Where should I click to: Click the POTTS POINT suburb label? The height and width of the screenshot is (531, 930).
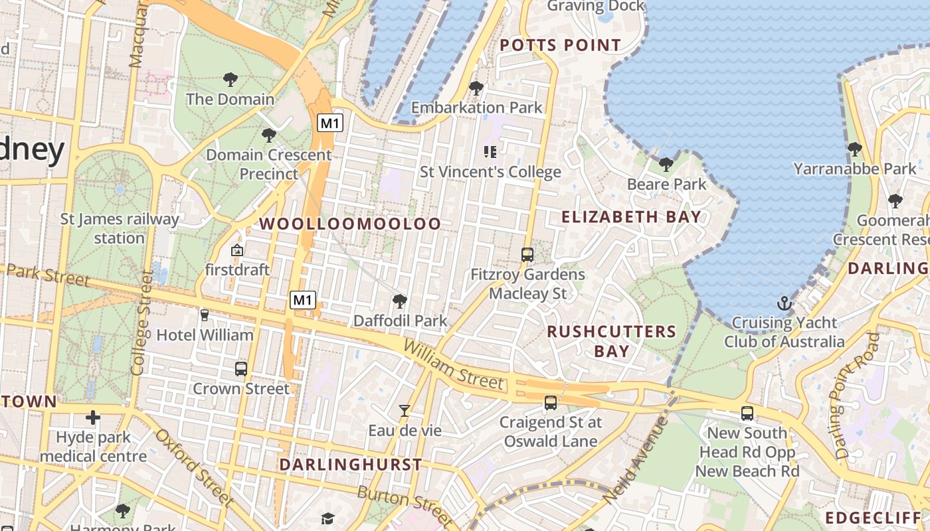pyautogui.click(x=560, y=45)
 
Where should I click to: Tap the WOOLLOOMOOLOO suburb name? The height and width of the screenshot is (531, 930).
pyautogui.click(x=350, y=224)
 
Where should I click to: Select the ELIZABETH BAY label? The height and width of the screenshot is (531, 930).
pyautogui.click(x=631, y=216)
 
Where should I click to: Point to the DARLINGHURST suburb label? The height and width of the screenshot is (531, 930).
pyautogui.click(x=350, y=465)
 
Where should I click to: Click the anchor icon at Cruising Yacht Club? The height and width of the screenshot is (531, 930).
pyautogui.click(x=785, y=304)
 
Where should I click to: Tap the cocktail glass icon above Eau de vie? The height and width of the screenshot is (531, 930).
pyautogui.click(x=405, y=411)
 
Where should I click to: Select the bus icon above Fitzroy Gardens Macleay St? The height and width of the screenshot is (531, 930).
pyautogui.click(x=527, y=254)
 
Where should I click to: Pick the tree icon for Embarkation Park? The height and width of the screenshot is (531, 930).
pyautogui.click(x=476, y=88)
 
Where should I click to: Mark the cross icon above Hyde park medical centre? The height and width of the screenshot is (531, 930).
pyautogui.click(x=93, y=417)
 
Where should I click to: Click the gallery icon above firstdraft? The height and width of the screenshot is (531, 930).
pyautogui.click(x=236, y=250)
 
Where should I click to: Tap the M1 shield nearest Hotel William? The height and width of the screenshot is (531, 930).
pyautogui.click(x=302, y=300)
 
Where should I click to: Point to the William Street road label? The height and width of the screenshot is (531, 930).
pyautogui.click(x=453, y=365)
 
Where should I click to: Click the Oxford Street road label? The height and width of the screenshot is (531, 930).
pyautogui.click(x=193, y=468)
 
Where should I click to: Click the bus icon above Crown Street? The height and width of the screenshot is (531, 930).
pyautogui.click(x=241, y=368)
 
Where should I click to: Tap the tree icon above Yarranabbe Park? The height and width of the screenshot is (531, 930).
pyautogui.click(x=854, y=149)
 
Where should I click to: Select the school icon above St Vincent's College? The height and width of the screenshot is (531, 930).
pyautogui.click(x=490, y=152)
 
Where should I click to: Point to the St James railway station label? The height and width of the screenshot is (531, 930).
pyautogui.click(x=120, y=228)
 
